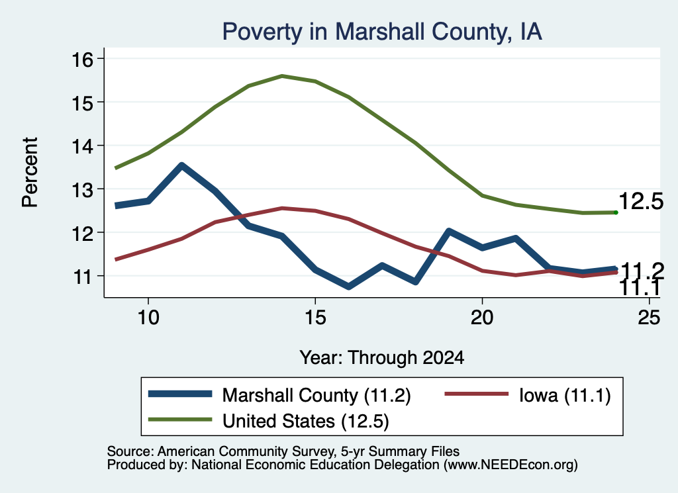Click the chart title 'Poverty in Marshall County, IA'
pyautogui.click(x=382, y=32)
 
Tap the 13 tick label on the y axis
pyautogui.click(x=82, y=190)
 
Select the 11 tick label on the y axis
pyautogui.click(x=82, y=277)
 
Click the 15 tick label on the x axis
pyautogui.click(x=315, y=318)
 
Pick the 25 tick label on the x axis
pyautogui.click(x=649, y=318)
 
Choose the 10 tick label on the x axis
pyautogui.click(x=148, y=318)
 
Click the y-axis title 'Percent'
pyautogui.click(x=30, y=173)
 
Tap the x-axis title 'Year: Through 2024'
pyautogui.click(x=382, y=358)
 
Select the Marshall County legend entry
pyautogui.click(x=279, y=395)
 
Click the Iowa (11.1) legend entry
pyautogui.click(x=528, y=395)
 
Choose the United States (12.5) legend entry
pyautogui.click(x=269, y=421)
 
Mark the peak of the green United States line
pyautogui.click(x=282, y=76)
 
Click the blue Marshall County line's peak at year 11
pyautogui.click(x=181, y=165)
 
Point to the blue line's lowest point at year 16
pyautogui.click(x=348, y=287)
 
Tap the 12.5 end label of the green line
pyautogui.click(x=641, y=201)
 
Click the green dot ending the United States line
pyautogui.click(x=616, y=212)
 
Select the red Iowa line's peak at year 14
pyautogui.click(x=282, y=208)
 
